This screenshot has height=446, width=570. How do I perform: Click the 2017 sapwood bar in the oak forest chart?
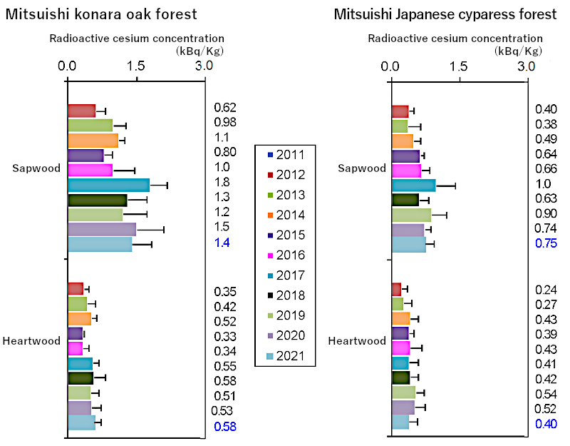108,185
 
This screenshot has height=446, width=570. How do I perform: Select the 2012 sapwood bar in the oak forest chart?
81,110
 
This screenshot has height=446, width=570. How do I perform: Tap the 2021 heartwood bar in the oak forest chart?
81,422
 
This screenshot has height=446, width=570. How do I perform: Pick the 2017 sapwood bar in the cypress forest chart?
413,186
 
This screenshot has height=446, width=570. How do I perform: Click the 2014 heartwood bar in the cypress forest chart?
401,318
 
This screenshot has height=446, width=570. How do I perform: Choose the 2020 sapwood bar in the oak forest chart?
101,229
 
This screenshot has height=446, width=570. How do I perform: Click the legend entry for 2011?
285,155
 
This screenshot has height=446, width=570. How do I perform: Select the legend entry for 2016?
285,255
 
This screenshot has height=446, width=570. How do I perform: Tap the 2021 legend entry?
285,355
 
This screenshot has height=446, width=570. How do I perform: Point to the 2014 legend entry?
285,215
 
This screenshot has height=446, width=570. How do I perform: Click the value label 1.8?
221,182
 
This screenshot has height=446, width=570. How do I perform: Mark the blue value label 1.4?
221,243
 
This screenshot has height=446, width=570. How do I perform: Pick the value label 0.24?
546,289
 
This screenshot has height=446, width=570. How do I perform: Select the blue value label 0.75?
546,243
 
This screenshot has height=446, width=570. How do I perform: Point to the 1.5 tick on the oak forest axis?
136,66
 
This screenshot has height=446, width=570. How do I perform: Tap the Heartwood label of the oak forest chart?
31,341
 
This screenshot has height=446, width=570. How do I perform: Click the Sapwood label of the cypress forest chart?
363,168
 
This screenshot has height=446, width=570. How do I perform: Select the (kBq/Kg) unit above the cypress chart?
518,51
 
